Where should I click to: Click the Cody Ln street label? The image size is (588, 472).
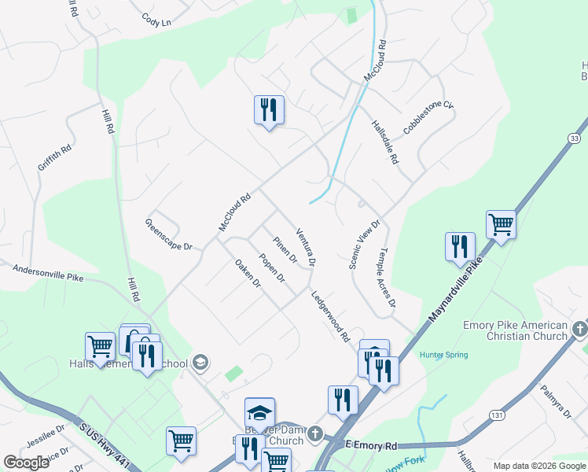coord(156,20)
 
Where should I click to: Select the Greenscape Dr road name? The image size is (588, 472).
coord(168,235)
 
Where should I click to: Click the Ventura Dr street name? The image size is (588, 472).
coord(306,246)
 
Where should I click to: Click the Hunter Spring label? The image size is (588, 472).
coord(443,355)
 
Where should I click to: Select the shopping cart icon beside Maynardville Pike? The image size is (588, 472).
coord(501,224)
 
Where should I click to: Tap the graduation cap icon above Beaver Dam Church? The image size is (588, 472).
coord(259,411)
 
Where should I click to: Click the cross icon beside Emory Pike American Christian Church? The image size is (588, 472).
coord(579,326)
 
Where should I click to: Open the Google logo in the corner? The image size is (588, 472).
coord(27,463)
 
